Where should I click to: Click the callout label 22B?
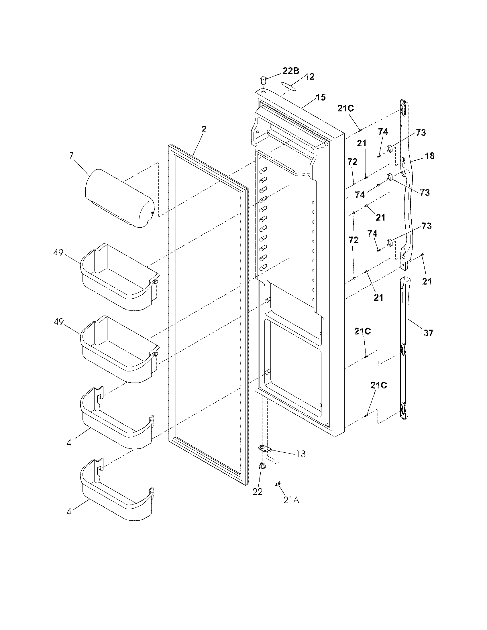pyautogui.click(x=291, y=71)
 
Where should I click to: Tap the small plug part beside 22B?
pyautogui.click(x=263, y=79)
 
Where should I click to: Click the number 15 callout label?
pyautogui.click(x=321, y=97)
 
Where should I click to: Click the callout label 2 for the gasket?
pyautogui.click(x=204, y=129)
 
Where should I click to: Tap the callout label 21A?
pyautogui.click(x=291, y=501)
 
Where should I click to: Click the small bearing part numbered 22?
pyautogui.click(x=262, y=474)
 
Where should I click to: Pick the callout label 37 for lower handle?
pyautogui.click(x=429, y=333)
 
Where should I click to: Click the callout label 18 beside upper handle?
pyautogui.click(x=430, y=156)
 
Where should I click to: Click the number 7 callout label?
pyautogui.click(x=71, y=155)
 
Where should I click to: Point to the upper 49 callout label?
pyautogui.click(x=58, y=253)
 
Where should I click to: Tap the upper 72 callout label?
pyautogui.click(x=352, y=162)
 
